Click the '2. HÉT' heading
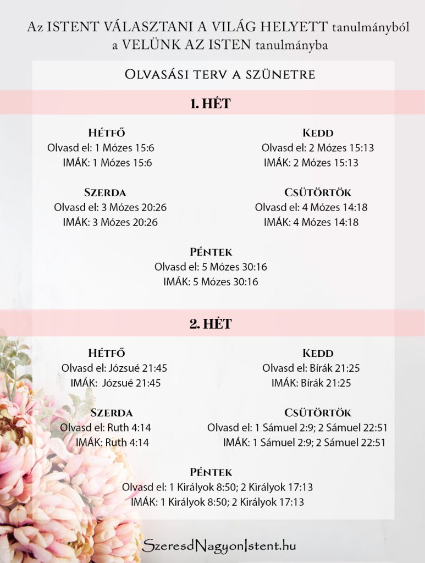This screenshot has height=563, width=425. (x=210, y=324)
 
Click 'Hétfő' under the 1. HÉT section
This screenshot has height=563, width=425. (x=107, y=133)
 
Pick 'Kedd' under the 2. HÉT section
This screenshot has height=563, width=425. (x=318, y=353)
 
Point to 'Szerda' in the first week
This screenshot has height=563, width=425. (x=105, y=192)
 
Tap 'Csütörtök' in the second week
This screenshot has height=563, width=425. (x=318, y=412)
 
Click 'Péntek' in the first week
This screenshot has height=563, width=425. (x=211, y=252)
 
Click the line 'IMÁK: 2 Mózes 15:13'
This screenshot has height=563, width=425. (x=311, y=163)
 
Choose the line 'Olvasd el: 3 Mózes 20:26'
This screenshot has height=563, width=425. (x=110, y=207)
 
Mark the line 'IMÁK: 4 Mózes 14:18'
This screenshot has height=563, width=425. (x=311, y=222)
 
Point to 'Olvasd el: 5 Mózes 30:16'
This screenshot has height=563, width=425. (x=211, y=267)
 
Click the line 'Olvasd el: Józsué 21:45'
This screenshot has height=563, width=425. (x=114, y=368)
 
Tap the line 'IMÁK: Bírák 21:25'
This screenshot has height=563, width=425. (x=311, y=383)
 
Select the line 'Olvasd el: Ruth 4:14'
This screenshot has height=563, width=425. (x=104, y=427)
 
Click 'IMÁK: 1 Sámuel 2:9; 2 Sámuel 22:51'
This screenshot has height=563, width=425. (x=304, y=442)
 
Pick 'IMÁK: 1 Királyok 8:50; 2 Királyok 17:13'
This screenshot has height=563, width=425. (x=217, y=501)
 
